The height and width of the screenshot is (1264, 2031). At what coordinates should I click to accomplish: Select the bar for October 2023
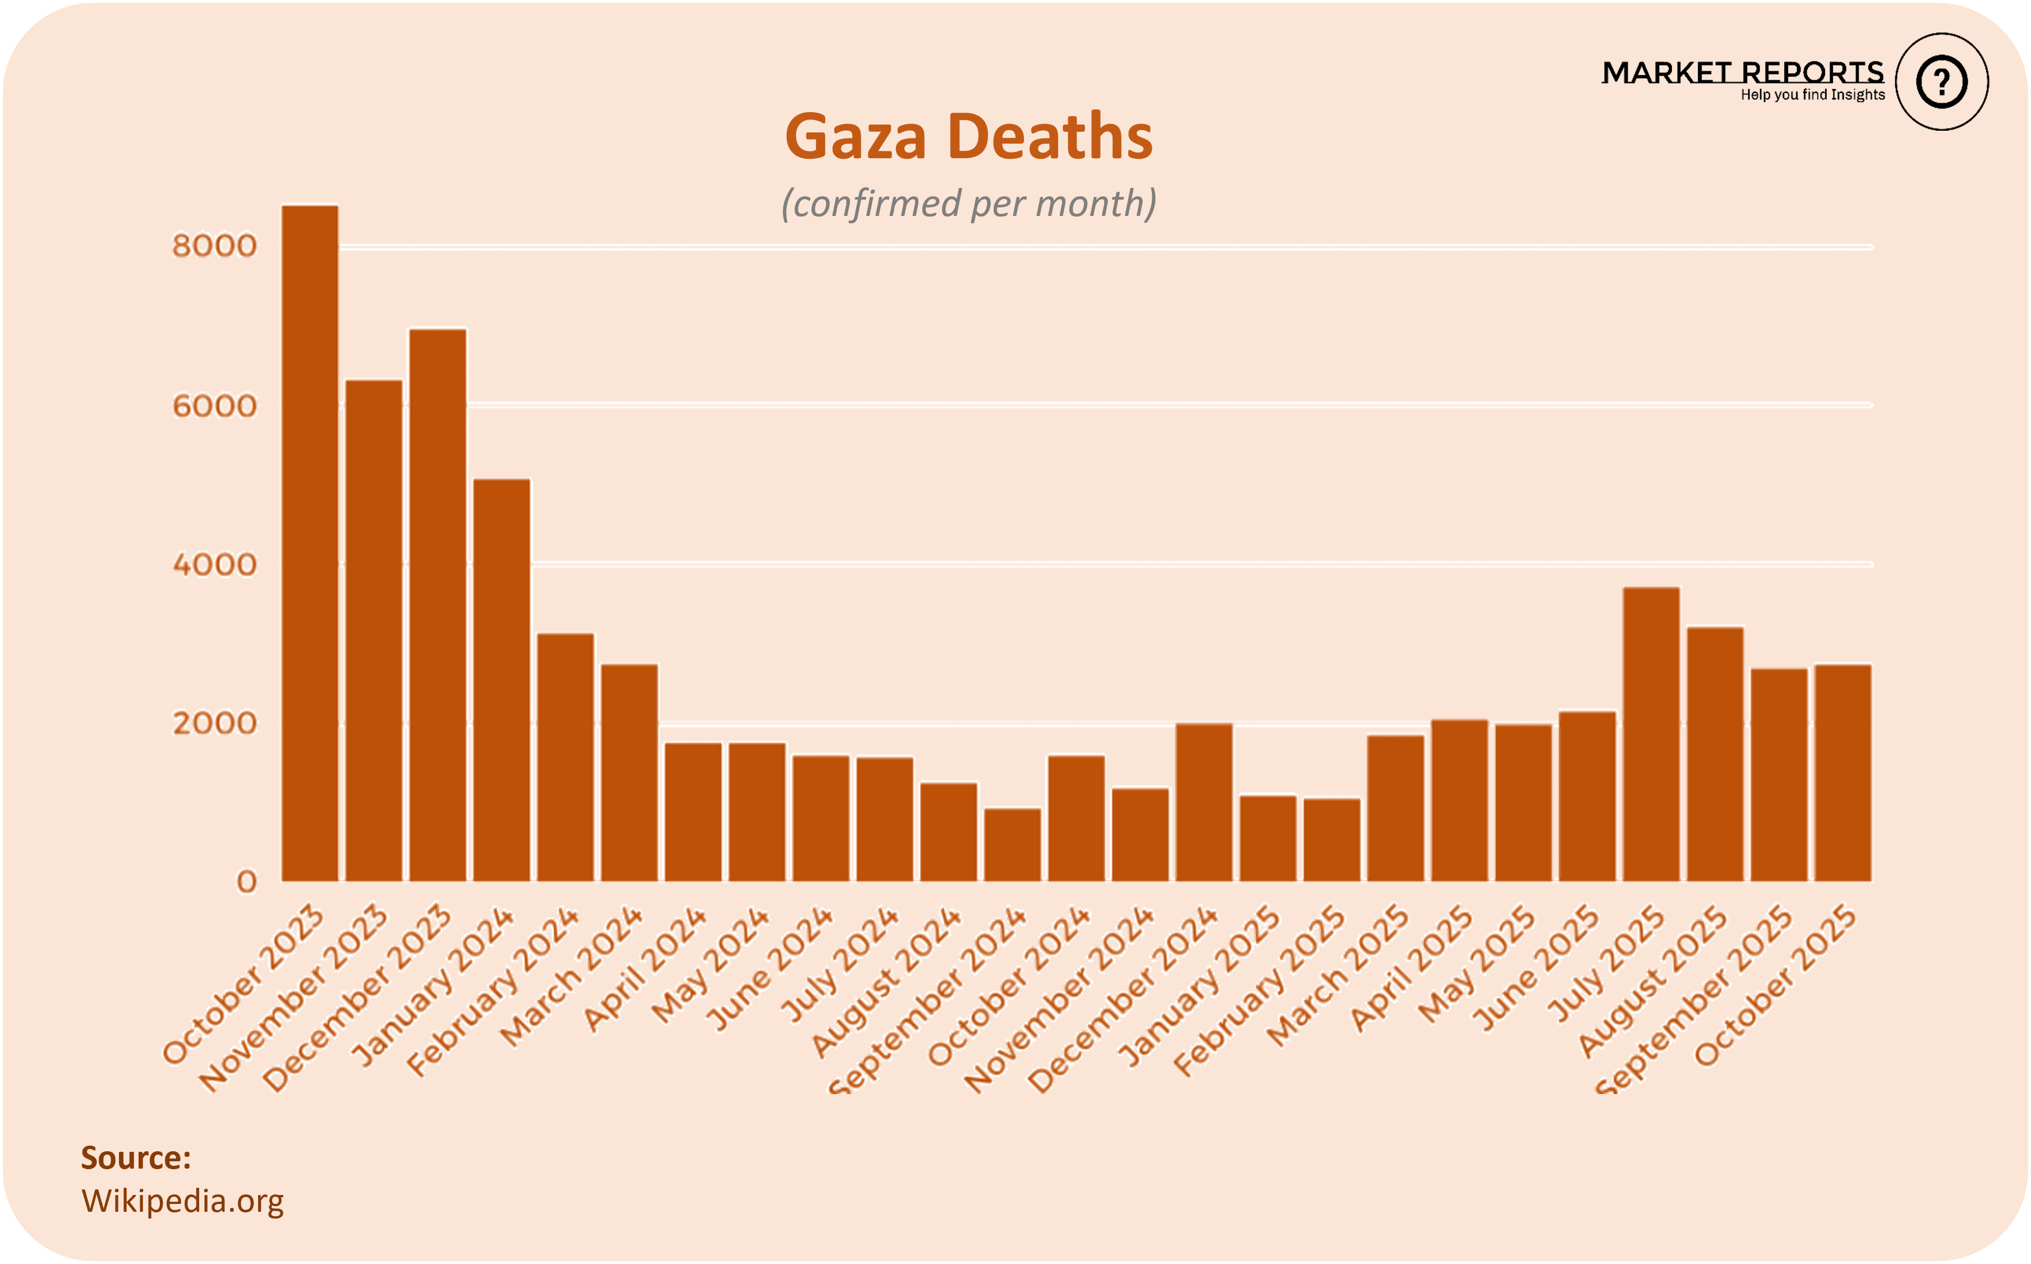[x=310, y=544]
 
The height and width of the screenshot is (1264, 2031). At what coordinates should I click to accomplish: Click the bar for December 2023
[x=438, y=605]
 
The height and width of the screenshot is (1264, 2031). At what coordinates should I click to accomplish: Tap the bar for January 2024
[x=502, y=681]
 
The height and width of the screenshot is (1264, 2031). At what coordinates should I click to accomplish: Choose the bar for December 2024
[x=1205, y=802]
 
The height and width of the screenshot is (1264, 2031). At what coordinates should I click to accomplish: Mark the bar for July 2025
[x=1652, y=735]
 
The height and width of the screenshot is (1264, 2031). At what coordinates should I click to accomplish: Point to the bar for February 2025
[x=1332, y=840]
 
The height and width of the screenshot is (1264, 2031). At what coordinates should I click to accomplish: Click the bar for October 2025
[x=1843, y=773]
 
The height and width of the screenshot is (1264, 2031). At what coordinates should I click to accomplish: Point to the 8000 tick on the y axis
[x=214, y=246]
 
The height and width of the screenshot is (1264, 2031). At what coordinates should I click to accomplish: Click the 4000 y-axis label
[x=214, y=565]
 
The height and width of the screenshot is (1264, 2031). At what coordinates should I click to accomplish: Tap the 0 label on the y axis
[x=246, y=882]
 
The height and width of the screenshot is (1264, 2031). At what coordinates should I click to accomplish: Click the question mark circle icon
[x=1942, y=82]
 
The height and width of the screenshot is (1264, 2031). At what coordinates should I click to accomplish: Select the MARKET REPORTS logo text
[x=1743, y=73]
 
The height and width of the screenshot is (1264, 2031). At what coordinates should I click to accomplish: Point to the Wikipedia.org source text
[x=182, y=1201]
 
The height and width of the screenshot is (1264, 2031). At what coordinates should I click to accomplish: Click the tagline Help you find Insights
[x=1813, y=94]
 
